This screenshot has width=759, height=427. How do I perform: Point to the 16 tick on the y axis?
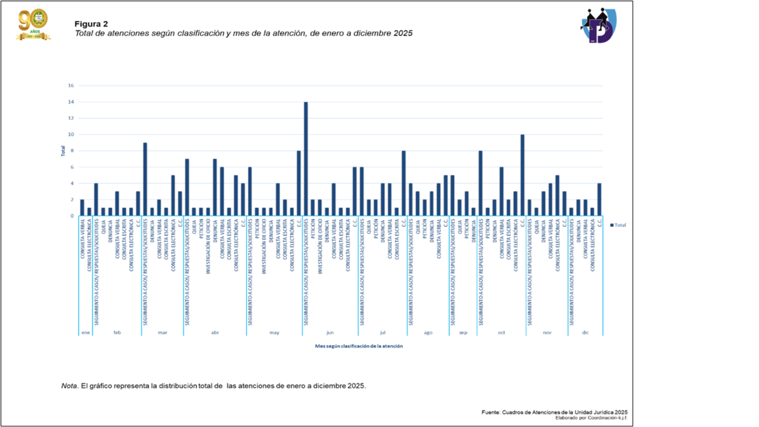click(71, 85)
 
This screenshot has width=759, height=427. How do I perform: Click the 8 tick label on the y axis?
click(72, 151)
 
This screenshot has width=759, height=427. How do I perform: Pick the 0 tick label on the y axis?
click(72, 216)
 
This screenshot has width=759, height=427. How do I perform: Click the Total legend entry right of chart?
click(619, 225)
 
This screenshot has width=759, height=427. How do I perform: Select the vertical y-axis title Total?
click(63, 151)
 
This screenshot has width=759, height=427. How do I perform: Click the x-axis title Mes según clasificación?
click(359, 346)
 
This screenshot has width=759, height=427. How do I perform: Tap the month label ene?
click(85, 333)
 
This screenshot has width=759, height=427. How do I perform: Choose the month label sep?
click(463, 333)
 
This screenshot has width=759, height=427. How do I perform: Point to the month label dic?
click(585, 333)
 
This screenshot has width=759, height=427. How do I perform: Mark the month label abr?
click(215, 333)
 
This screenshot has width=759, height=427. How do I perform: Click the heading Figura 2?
click(91, 24)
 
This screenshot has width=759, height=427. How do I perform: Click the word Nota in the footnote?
click(69, 386)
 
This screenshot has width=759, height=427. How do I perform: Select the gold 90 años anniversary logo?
click(33, 25)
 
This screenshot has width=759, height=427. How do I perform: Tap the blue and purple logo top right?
click(599, 25)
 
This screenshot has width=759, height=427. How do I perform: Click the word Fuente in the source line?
click(491, 412)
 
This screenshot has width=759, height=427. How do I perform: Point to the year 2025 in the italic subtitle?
click(403, 34)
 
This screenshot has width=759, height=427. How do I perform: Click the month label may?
click(274, 333)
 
